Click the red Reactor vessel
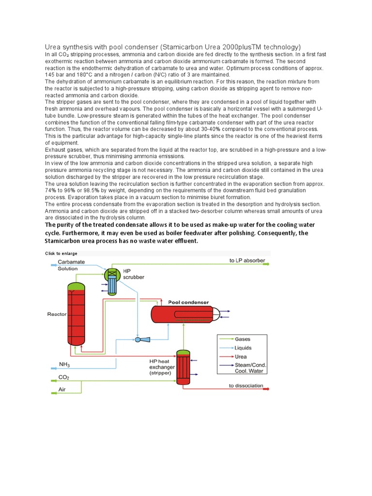[77, 315]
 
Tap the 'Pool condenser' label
[188, 302]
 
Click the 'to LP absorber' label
[247, 261]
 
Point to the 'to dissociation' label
[246, 386]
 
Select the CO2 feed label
[64, 376]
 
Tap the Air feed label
[62, 389]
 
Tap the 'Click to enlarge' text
[61, 253]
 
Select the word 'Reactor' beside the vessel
[57, 314]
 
